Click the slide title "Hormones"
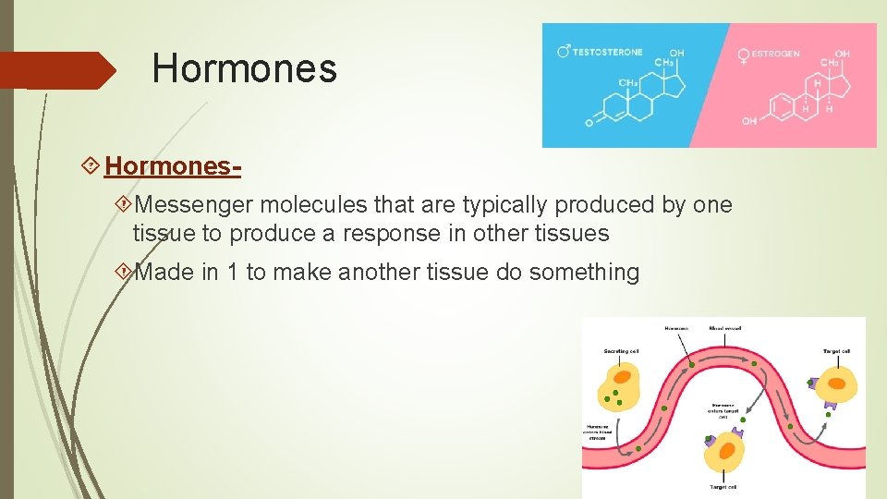(x=245, y=68)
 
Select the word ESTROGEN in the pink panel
(x=777, y=55)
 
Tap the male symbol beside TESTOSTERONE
(x=564, y=52)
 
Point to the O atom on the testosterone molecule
(x=589, y=121)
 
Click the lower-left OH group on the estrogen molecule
(x=748, y=121)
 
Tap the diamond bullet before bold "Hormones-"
(x=91, y=166)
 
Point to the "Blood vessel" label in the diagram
(x=724, y=328)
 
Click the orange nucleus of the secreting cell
(x=622, y=377)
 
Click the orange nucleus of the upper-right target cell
(x=836, y=382)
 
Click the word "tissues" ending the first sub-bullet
(x=572, y=234)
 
